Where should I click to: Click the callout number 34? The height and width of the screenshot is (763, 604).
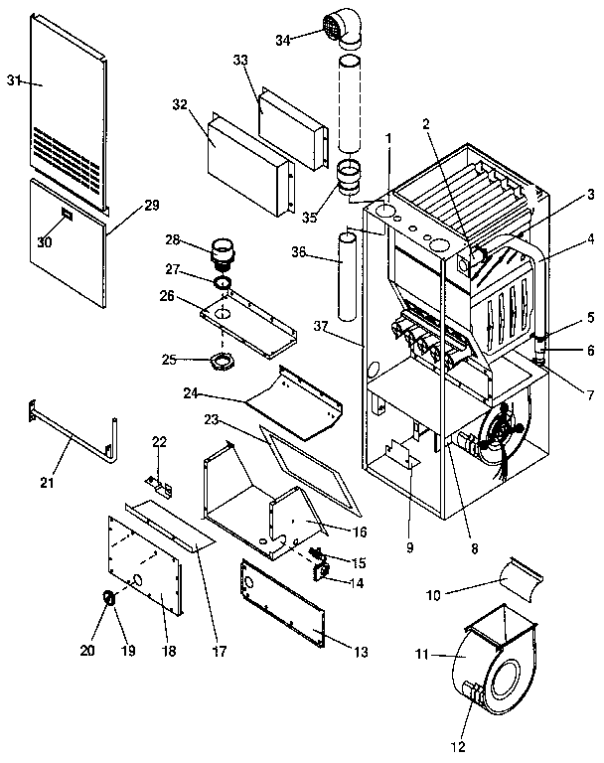(x=283, y=39)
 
